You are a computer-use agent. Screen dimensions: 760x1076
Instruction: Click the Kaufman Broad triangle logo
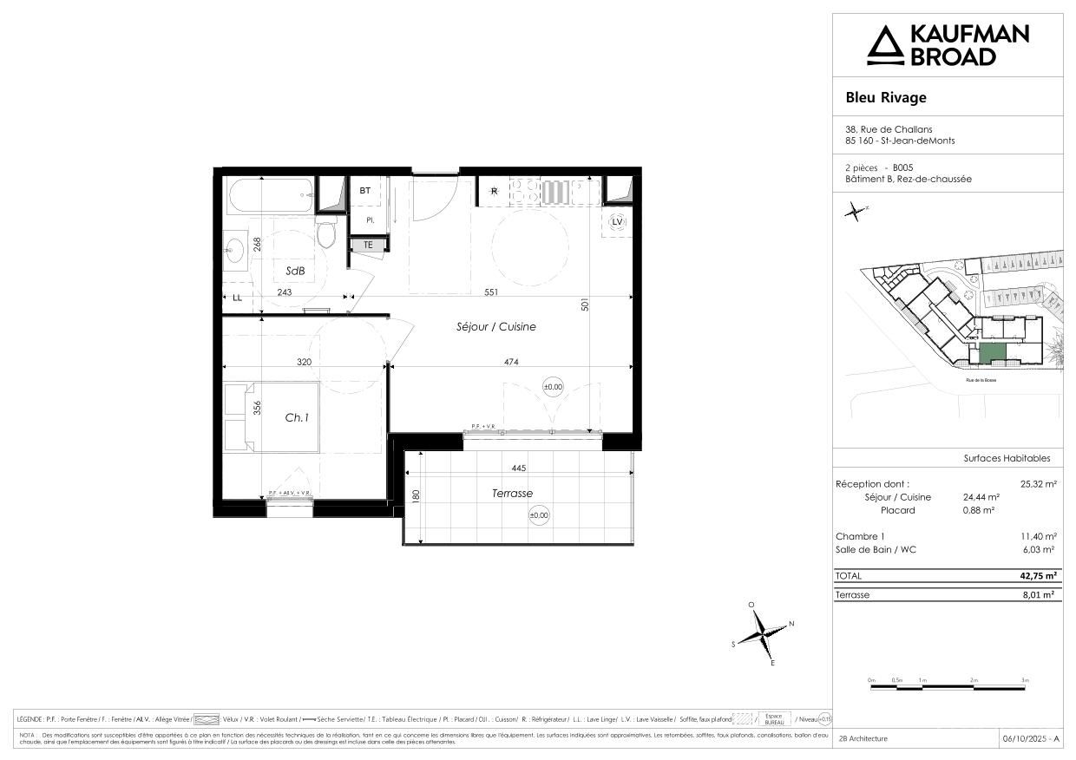coord(884,45)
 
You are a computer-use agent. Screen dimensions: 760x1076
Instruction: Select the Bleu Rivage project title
coord(886,97)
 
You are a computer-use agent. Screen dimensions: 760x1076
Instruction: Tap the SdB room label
coord(295,271)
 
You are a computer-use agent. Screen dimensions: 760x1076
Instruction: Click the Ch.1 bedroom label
coord(297,417)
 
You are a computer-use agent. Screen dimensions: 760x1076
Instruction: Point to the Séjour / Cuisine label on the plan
coord(496,327)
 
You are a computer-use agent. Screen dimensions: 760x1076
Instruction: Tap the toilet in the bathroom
coord(326,233)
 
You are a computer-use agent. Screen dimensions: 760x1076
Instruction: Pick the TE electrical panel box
coord(367,245)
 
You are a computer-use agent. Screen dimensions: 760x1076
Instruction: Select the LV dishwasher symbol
coord(617,222)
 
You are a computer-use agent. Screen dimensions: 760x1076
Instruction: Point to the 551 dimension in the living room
coord(491,292)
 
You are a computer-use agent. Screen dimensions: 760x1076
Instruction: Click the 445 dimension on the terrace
coord(519,468)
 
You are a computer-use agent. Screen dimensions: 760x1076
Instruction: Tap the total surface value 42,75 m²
coord(1037,576)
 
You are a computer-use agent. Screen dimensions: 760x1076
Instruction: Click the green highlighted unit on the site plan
coord(992,352)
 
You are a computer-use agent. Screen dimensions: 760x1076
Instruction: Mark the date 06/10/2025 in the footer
coord(1029,738)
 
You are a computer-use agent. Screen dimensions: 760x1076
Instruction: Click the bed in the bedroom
coord(272,416)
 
